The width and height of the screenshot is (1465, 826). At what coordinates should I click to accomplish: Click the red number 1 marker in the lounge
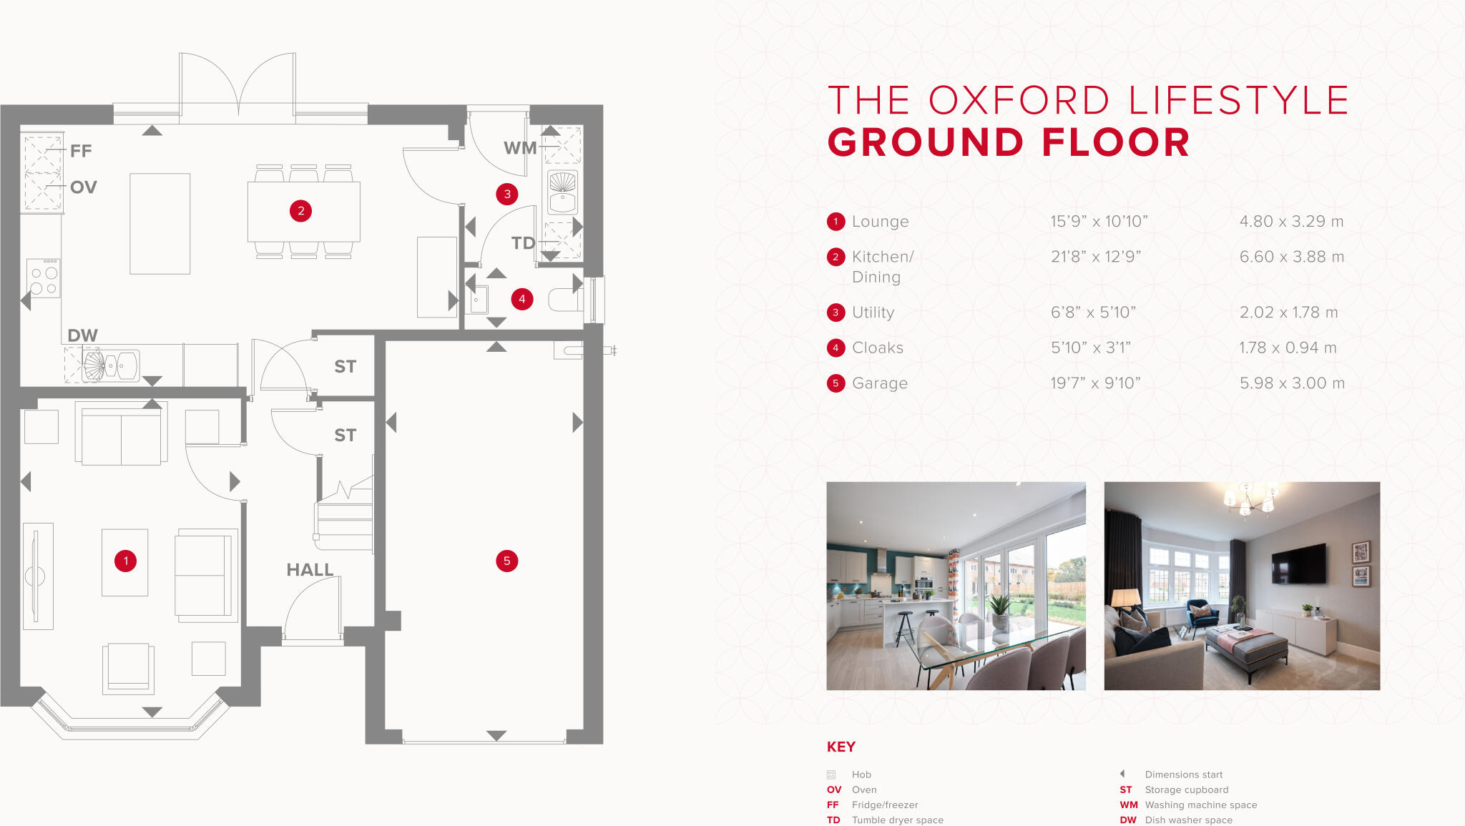click(x=126, y=561)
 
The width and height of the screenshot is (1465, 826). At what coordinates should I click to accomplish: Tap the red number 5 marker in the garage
click(x=506, y=561)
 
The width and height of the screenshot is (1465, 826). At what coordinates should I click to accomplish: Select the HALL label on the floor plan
click(x=310, y=570)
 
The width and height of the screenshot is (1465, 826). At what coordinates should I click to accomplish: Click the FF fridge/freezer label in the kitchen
click(x=81, y=151)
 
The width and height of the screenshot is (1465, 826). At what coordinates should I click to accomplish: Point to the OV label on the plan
click(x=84, y=187)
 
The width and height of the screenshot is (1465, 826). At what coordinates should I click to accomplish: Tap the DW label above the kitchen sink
click(x=82, y=335)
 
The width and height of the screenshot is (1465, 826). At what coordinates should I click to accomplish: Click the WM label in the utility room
click(x=520, y=148)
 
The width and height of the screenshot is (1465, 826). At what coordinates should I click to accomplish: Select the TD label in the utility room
click(x=523, y=243)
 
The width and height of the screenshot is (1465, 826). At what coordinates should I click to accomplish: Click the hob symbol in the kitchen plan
click(x=44, y=278)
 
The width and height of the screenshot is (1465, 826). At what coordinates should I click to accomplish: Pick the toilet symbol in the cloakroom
click(x=565, y=300)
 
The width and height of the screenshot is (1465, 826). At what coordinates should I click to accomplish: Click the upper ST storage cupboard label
click(x=345, y=367)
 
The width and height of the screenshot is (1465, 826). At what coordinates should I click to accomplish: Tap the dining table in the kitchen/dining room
click(x=303, y=212)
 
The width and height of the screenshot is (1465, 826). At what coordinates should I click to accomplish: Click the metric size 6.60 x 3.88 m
click(x=1291, y=257)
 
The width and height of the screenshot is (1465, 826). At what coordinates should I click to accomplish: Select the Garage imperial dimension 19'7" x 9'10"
click(x=1095, y=383)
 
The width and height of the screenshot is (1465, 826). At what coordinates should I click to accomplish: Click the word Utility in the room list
click(x=873, y=313)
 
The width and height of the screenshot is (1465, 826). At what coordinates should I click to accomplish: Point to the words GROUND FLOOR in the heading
click(x=1009, y=142)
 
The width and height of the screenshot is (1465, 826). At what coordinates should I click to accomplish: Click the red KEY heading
click(x=841, y=747)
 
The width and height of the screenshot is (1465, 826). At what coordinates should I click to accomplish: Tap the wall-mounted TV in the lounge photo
click(x=1298, y=563)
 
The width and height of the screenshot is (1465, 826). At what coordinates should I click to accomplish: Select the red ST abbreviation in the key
click(x=1126, y=790)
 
